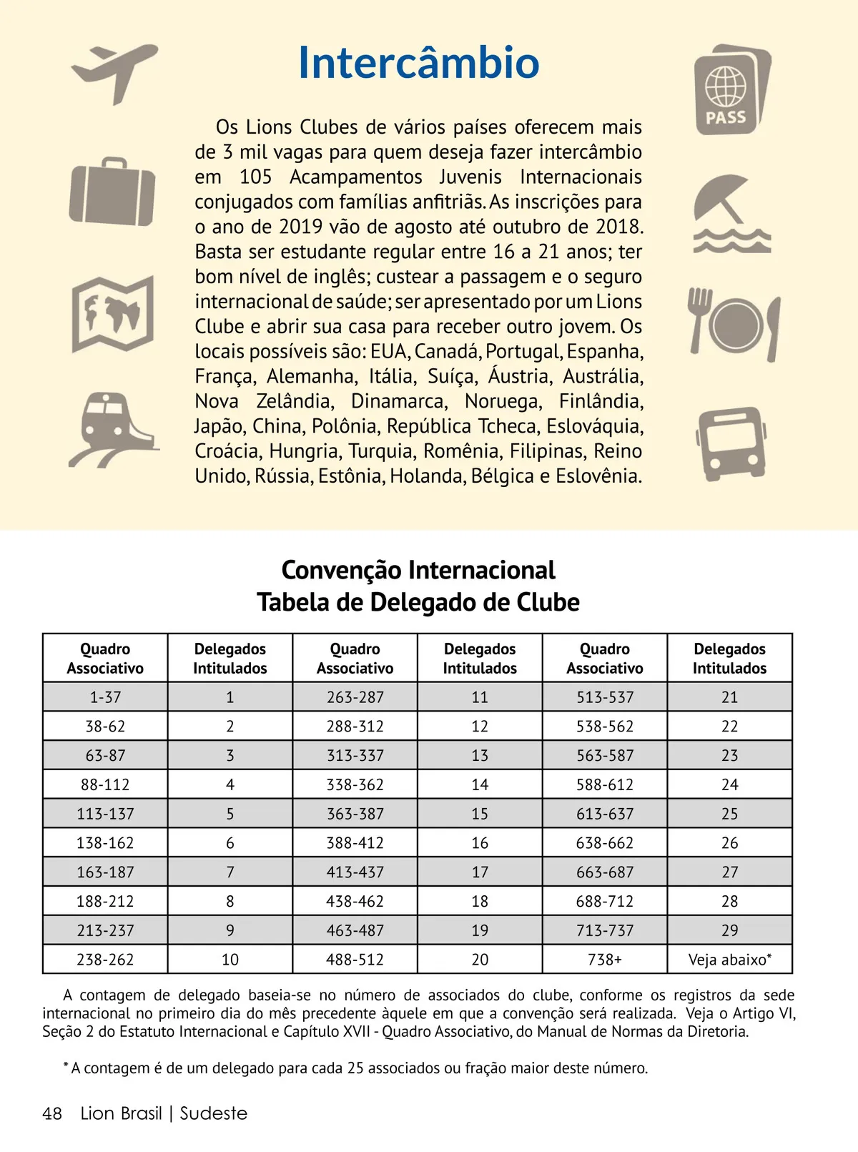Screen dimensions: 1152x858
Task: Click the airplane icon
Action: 114,72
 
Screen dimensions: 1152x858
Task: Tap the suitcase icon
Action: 112,192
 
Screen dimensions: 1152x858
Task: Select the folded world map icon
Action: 113,313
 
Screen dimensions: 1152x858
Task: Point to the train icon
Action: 113,429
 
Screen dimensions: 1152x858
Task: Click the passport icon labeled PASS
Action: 731,90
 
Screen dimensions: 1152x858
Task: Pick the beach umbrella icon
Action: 731,214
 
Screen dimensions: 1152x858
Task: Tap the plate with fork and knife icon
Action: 734,323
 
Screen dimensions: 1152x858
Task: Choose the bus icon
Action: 731,443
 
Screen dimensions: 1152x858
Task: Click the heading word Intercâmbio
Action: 418,62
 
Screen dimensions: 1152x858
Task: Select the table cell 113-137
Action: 105,814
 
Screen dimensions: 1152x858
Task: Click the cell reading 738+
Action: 605,960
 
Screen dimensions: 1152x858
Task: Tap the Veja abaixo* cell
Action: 729,960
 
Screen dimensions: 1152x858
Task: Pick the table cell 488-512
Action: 355,960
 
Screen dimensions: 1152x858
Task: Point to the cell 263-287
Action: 355,697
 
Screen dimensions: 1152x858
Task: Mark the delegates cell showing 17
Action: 480,872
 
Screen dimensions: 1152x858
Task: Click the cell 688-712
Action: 605,902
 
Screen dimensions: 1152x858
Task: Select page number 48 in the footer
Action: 52,1113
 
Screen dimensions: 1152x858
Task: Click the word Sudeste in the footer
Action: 213,1113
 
